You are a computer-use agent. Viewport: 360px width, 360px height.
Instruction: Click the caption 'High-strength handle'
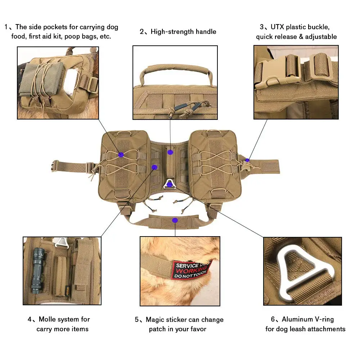point(183,32)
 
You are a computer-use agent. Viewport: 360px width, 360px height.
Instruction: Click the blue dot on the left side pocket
point(121,154)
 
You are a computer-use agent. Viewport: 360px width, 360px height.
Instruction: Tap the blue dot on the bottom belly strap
point(175,220)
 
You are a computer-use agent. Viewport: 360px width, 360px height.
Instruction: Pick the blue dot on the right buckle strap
point(247,160)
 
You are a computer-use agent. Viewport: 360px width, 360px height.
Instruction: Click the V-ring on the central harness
point(170,184)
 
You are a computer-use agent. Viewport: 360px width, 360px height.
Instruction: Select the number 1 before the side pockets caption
point(6,27)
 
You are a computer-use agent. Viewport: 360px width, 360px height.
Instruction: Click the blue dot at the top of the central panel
point(170,152)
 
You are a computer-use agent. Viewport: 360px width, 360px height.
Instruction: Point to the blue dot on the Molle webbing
point(154,167)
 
